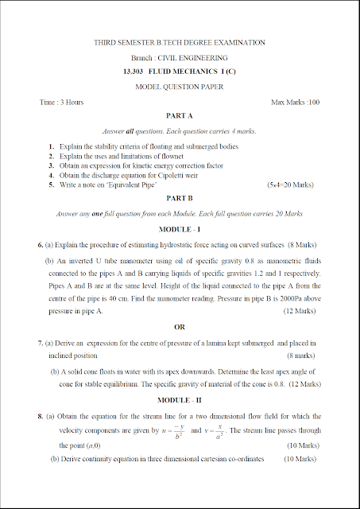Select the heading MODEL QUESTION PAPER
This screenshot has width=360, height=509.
pyautogui.click(x=180, y=86)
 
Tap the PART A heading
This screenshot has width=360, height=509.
pyautogui.click(x=180, y=116)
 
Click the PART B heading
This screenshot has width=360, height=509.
pyautogui.click(x=180, y=199)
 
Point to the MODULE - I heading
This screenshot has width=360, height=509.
pyautogui.click(x=180, y=229)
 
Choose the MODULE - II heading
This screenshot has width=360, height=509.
pyautogui.click(x=180, y=398)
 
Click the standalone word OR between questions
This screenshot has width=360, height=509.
pyautogui.click(x=180, y=327)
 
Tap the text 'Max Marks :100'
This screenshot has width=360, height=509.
pyautogui.click(x=295, y=103)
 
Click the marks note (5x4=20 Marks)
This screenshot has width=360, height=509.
pyautogui.click(x=294, y=185)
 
